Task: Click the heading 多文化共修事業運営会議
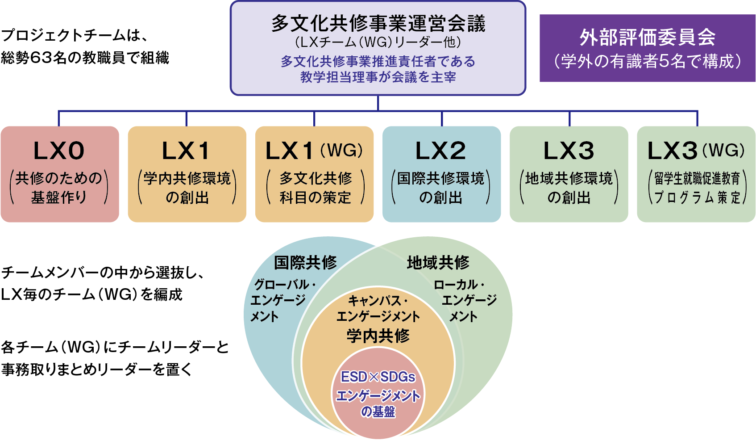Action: (x=378, y=23)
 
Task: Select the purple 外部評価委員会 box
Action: (x=647, y=48)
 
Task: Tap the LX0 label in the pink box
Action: (x=59, y=151)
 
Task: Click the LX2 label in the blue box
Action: (x=441, y=151)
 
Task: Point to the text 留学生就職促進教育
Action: (x=697, y=179)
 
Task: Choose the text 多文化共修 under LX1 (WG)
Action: (x=316, y=178)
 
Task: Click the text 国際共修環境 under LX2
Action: (x=441, y=178)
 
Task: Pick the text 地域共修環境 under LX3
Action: (x=569, y=178)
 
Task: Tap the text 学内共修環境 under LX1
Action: (x=187, y=178)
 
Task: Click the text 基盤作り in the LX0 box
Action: (x=59, y=197)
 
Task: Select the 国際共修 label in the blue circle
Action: (x=305, y=262)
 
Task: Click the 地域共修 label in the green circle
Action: (x=438, y=262)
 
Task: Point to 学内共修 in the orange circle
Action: (x=378, y=336)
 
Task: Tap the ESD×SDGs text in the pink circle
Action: (x=378, y=377)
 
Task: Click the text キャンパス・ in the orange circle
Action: (x=378, y=301)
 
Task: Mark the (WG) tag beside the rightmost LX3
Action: (x=723, y=150)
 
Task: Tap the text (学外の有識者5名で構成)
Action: (x=647, y=61)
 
